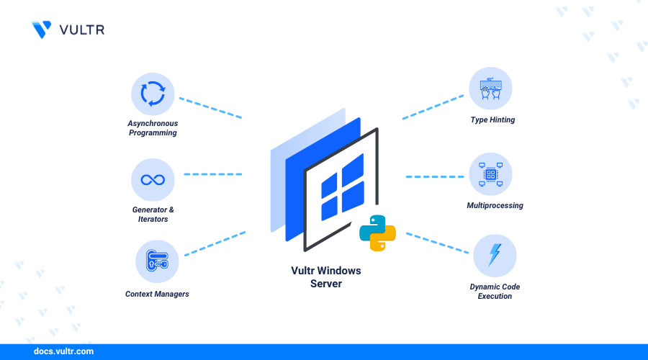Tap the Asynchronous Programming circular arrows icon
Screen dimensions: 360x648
pos(153,94)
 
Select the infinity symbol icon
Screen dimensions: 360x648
pos(153,179)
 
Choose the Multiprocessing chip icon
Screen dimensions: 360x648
pos(491,175)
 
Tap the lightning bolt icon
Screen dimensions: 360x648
pos(495,256)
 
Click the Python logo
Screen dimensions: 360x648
pos(377,233)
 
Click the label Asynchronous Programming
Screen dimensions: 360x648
pos(153,128)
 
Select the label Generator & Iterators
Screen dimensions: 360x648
pos(153,214)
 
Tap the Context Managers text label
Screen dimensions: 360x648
pos(157,294)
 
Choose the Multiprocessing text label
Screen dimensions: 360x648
pos(495,206)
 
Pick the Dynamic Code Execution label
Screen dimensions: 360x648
pos(495,292)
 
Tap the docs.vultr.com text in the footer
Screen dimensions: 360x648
pos(63,352)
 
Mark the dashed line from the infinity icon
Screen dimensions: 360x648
pos(213,174)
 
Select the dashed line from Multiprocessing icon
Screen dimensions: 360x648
pos(434,176)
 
